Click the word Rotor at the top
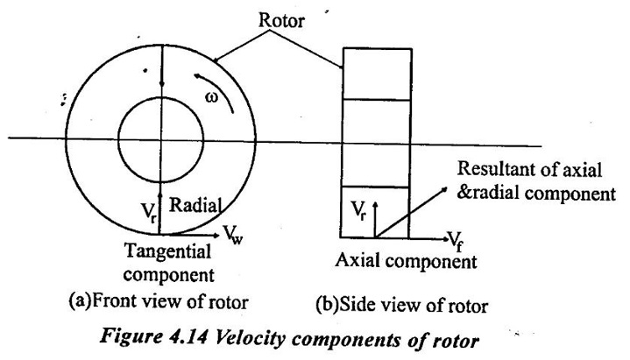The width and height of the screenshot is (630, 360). (281, 20)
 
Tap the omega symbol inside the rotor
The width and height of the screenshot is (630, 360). (212, 97)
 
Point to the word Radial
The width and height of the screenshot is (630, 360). (195, 205)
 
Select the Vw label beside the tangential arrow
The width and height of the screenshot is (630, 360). (233, 235)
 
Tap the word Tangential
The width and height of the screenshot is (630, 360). (167, 252)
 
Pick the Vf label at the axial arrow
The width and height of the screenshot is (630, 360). (455, 241)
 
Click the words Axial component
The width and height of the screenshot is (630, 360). (407, 261)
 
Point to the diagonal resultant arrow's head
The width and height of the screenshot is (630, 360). (443, 190)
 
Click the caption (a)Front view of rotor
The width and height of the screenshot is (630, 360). (159, 301)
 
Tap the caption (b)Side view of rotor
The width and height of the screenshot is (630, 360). (402, 306)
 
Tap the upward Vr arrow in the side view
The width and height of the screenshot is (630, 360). (375, 219)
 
